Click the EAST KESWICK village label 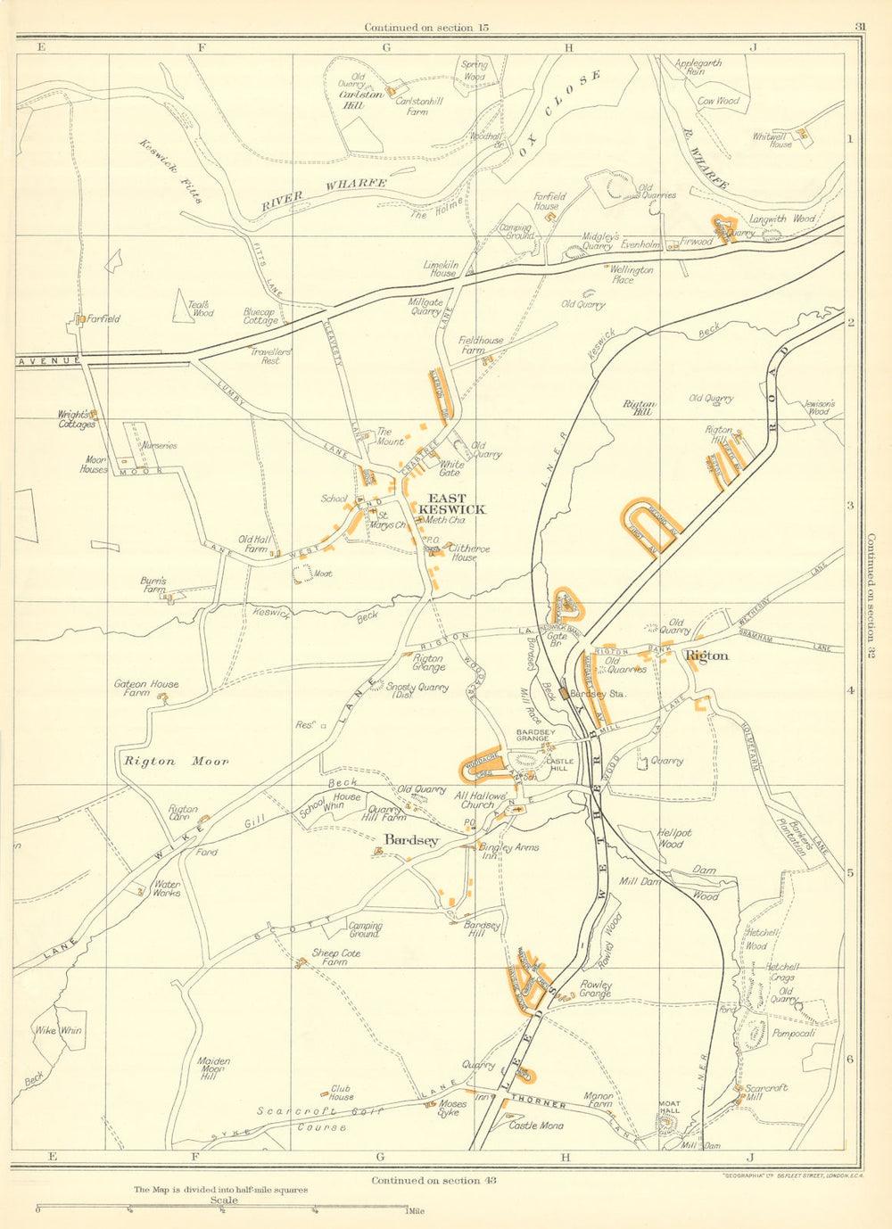457,504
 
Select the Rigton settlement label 706,656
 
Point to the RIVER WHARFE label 324,191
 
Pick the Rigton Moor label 176,762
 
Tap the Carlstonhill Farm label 418,107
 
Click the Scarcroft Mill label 766,1093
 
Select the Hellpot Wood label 674,838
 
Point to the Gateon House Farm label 146,689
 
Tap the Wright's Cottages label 77,420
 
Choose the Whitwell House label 772,140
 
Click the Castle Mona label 535,1126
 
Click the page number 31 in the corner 859,27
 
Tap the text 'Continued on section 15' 426,28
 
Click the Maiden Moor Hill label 214,1068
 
